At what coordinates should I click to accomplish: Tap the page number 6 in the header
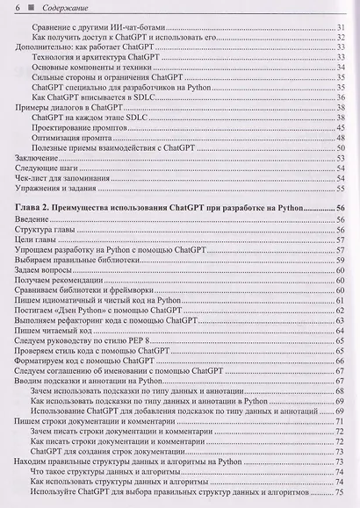tap(18, 8)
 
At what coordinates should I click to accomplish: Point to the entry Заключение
tap(37, 158)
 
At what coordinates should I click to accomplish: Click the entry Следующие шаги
tap(45, 168)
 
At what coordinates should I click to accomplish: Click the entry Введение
tap(33, 218)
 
